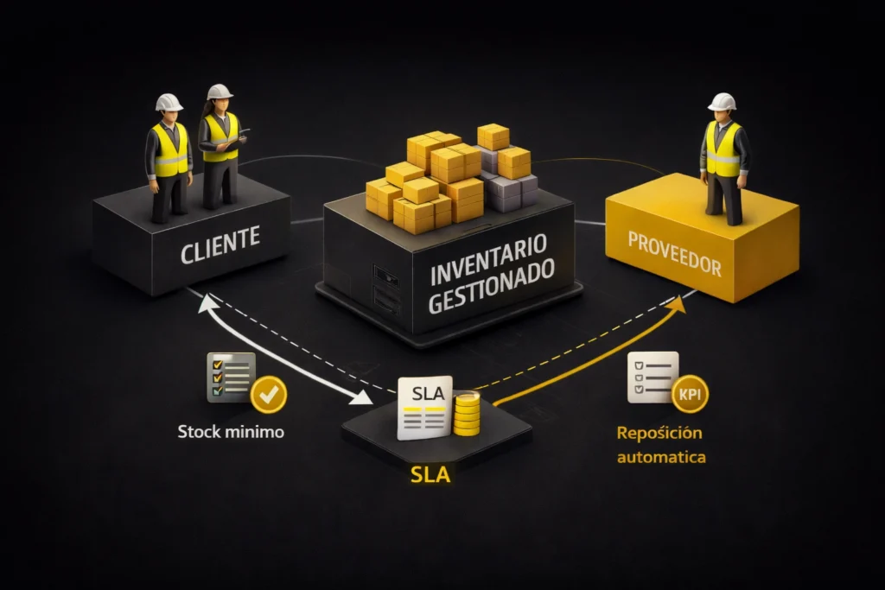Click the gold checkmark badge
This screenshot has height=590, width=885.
click(268, 396)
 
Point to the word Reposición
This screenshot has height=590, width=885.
click(659, 432)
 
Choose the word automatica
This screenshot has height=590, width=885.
click(661, 456)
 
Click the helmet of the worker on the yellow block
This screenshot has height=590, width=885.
click(722, 102)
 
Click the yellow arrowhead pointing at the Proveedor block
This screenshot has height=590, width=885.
click(678, 302)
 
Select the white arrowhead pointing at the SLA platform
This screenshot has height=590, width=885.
click(364, 399)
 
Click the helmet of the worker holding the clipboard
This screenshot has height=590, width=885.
click(220, 92)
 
